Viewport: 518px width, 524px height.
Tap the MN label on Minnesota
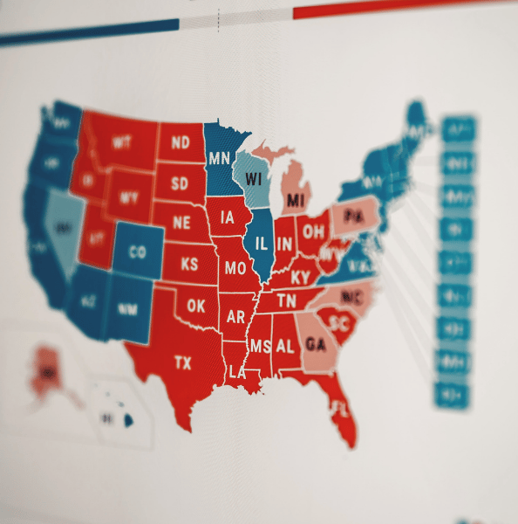pos(219,159)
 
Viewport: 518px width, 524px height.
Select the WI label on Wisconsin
pos(255,179)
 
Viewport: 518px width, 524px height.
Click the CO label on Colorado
pos(137,253)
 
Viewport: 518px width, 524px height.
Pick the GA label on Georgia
pos(316,343)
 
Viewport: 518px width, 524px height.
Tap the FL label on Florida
pos(340,409)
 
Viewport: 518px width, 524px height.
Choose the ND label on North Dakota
pos(181,142)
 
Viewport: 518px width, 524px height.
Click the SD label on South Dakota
pos(179,183)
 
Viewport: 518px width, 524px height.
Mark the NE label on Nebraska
pos(181,223)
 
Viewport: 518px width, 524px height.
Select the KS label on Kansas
pos(188,264)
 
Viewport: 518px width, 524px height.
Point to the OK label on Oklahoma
pos(196,307)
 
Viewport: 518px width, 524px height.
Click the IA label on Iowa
pos(228,217)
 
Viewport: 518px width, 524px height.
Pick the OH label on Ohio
pos(314,231)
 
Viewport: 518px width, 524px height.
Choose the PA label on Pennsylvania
pos(353,215)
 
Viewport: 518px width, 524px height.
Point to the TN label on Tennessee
pos(288,301)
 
